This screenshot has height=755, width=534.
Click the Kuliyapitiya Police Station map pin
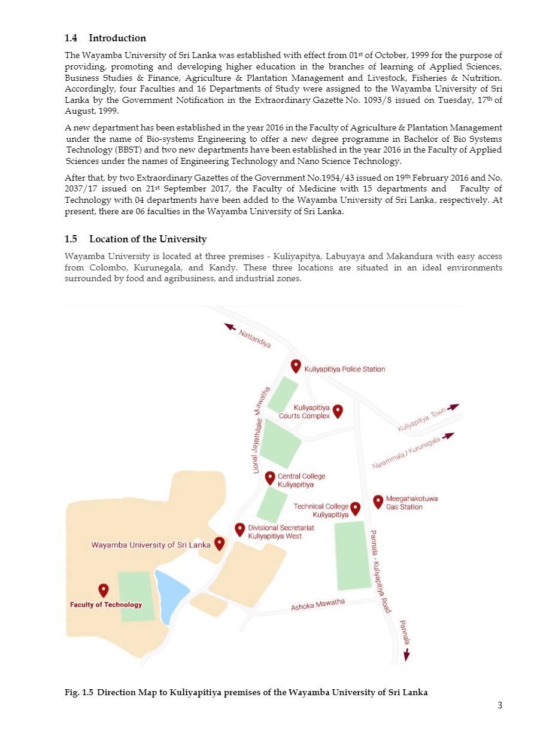pyautogui.click(x=296, y=366)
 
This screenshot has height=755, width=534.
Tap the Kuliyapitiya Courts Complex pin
pyautogui.click(x=338, y=410)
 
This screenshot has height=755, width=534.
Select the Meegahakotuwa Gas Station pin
pyautogui.click(x=378, y=501)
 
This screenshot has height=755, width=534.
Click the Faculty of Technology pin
pyautogui.click(x=104, y=590)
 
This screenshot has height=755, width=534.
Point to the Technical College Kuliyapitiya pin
pyautogui.click(x=356, y=508)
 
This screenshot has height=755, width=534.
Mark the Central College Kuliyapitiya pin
pyautogui.click(x=270, y=478)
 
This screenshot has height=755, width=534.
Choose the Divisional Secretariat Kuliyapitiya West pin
pyautogui.click(x=240, y=529)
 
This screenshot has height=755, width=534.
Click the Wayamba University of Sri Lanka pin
pyautogui.click(x=220, y=543)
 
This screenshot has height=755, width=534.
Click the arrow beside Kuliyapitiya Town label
pyautogui.click(x=453, y=407)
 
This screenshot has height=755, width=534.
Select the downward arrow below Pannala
pyautogui.click(x=407, y=656)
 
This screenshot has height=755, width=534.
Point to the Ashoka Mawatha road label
pyautogui.click(x=318, y=605)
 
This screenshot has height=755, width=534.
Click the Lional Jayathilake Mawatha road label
pyautogui.click(x=259, y=430)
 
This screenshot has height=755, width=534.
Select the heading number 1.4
pyautogui.click(x=71, y=38)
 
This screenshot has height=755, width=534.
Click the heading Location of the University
pyautogui.click(x=148, y=239)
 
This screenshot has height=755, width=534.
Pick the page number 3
pyautogui.click(x=499, y=705)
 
